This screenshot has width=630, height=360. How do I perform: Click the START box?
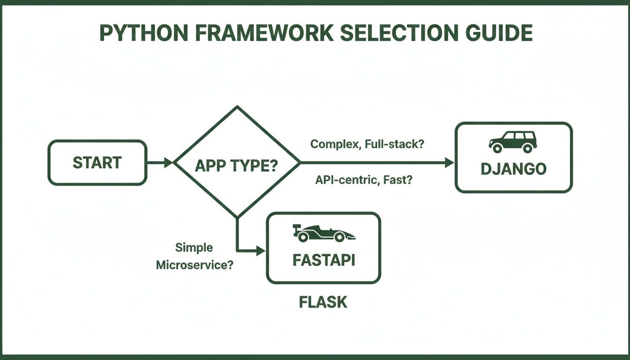point(97,163)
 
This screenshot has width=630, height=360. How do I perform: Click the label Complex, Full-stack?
point(367,144)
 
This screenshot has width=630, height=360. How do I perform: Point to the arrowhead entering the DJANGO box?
point(450,163)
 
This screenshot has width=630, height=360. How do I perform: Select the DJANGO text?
point(513,169)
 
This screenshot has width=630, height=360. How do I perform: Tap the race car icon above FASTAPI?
point(323,233)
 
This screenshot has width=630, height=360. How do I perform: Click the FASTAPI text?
point(323,260)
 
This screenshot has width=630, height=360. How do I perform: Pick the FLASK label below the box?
point(323,302)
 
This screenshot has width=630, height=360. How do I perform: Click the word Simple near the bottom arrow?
point(194,247)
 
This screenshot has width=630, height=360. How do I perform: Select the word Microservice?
point(195,265)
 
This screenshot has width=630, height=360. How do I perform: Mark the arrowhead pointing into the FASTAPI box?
point(261,251)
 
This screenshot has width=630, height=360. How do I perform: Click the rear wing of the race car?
point(296,228)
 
